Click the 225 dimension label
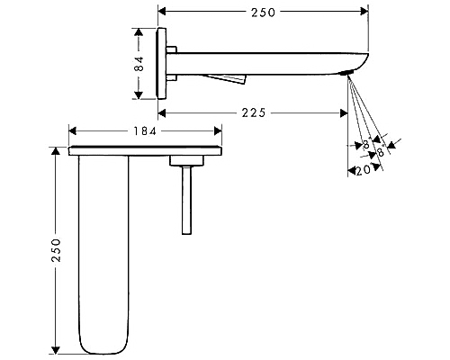coord(254,112)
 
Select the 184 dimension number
coord(145,131)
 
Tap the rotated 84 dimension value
coord(139,64)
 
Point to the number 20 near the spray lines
coord(364,171)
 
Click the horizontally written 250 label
coord(263,13)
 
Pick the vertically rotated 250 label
coord(56,250)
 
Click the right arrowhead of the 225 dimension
coord(344,113)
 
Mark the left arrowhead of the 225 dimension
coord(162,113)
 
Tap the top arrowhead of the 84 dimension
coord(139,32)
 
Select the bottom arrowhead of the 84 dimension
coord(139,94)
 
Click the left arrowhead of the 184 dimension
coord(73,131)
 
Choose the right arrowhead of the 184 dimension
coord(218,131)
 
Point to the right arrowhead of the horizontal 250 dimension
coord(364,12)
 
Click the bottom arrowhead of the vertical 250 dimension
coord(56,350)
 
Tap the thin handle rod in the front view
coord(186,200)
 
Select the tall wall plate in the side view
coord(161,64)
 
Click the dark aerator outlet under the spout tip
coord(346,73)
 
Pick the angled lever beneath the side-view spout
coord(226,78)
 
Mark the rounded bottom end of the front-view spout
coord(103,349)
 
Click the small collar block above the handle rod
coord(186,161)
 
